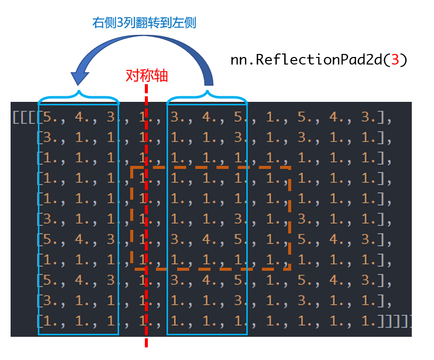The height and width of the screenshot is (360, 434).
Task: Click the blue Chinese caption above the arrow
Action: point(144,23)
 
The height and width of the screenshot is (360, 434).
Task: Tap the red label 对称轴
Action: point(146,76)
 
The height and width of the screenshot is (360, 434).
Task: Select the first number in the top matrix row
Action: point(50,117)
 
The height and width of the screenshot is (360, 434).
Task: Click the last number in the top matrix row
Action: point(369,117)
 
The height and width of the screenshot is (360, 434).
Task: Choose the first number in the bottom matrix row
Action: point(50,320)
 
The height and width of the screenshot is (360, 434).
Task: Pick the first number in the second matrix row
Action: point(50,138)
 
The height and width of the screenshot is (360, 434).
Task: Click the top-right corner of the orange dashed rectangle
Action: point(290,167)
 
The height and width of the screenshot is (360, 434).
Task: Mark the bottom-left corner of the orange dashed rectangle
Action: point(132,269)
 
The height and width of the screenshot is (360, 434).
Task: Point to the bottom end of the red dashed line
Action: point(146,346)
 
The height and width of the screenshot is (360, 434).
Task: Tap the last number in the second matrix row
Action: point(369,138)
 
